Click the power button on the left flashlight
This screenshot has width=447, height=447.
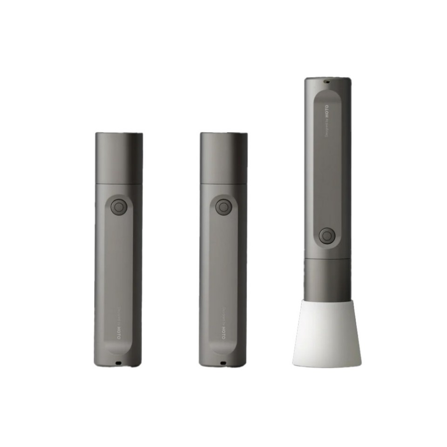[x=119, y=206]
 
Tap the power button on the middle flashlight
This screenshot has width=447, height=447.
[x=224, y=206]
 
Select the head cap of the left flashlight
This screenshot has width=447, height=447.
[x=119, y=158]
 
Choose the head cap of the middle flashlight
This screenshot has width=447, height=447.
[x=223, y=158]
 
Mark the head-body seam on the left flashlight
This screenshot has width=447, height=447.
[x=119, y=184]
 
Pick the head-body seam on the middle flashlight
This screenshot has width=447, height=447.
[x=223, y=184]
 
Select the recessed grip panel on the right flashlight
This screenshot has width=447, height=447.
[x=327, y=177]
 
